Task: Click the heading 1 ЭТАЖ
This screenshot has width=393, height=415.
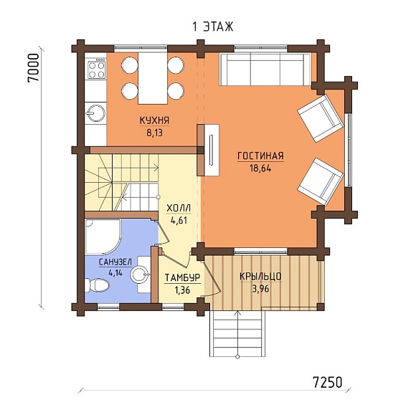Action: coord(213,27)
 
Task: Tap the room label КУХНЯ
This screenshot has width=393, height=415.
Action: coord(154,120)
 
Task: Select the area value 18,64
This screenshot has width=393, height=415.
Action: coord(260,168)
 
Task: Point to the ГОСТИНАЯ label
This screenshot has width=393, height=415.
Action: coord(260,156)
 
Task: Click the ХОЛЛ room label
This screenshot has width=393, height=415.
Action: coord(179,209)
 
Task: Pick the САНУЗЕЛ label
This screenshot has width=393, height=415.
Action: coord(115,262)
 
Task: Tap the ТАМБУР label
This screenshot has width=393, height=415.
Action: coord(183,278)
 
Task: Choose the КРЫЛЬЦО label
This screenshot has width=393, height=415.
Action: coord(260,277)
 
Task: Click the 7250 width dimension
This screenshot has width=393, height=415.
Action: coord(328,382)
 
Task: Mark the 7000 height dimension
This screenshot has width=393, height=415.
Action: coord(34,68)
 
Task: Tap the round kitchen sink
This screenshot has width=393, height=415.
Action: coord(96,113)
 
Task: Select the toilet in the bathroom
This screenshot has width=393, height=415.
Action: coord(97,285)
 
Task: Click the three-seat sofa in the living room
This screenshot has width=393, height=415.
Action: coord(265,69)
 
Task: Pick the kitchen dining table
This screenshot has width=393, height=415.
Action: coord(153,78)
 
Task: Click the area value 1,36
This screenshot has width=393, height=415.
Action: coord(182,290)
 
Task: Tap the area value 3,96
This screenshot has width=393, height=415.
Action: coord(260,289)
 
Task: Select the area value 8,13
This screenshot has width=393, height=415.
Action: coord(154,133)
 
